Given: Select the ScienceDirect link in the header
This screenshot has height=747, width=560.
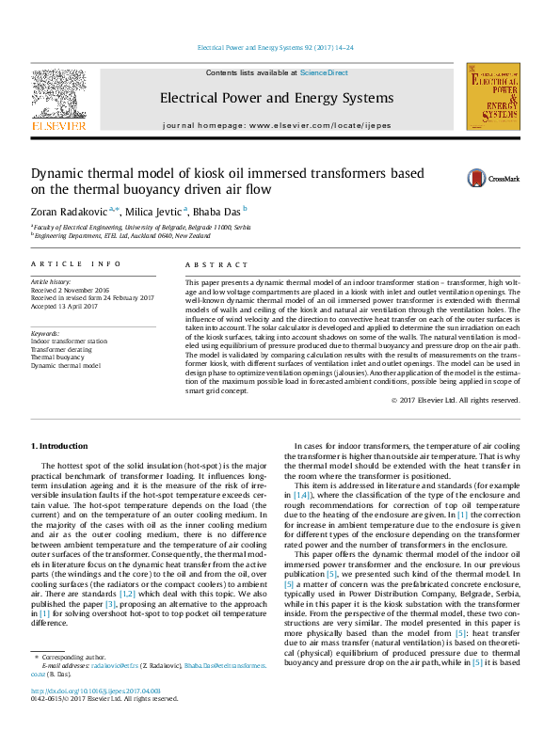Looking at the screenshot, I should tap(324, 72).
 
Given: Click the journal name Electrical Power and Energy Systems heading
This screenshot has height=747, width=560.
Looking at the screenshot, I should tap(276, 98).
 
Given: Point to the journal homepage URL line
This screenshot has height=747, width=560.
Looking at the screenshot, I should tap(276, 125).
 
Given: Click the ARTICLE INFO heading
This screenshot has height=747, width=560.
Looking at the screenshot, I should tap(76, 265).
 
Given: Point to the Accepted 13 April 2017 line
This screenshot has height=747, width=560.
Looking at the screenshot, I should tap(70, 306).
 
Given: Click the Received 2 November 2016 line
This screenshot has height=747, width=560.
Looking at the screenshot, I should tap(71, 290).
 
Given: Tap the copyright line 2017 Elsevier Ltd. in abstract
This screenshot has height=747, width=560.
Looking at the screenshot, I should tap(468, 400).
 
